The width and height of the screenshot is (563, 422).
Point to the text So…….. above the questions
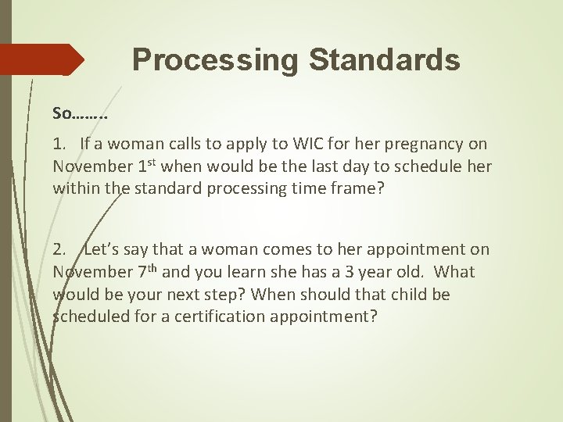80,113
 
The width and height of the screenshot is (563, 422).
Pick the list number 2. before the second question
60,250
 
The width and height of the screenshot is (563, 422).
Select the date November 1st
107,166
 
